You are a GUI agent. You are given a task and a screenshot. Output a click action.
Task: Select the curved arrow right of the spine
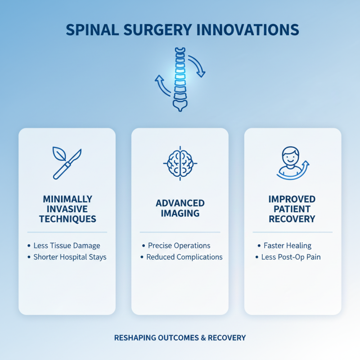pyautogui.click(x=197, y=65)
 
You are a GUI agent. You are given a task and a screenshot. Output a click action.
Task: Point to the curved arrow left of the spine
pyautogui.click(x=162, y=85)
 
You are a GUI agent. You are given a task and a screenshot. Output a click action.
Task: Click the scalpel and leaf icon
pyautogui.click(x=67, y=162)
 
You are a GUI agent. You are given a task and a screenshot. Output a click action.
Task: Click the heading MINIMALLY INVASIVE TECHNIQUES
pyautogui.click(x=67, y=209)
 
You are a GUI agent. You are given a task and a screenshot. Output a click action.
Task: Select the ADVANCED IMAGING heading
pyautogui.click(x=180, y=208)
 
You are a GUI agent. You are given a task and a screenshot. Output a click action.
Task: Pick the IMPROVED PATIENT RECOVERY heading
pyautogui.click(x=292, y=209)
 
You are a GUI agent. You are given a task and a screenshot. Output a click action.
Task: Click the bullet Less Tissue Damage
pyautogui.click(x=67, y=246)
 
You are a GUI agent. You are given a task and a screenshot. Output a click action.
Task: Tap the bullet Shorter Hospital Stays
pyautogui.click(x=70, y=257)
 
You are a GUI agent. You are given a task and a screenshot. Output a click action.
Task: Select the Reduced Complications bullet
pyautogui.click(x=184, y=257)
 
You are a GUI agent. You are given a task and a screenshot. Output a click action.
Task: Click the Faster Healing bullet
pyautogui.click(x=288, y=246)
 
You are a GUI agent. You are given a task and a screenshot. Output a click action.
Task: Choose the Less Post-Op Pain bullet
pyautogui.click(x=291, y=257)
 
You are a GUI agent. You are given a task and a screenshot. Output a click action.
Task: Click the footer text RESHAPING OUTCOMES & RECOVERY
pyautogui.click(x=180, y=337)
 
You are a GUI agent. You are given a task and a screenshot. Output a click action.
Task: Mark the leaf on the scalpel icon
pyautogui.click(x=59, y=154)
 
